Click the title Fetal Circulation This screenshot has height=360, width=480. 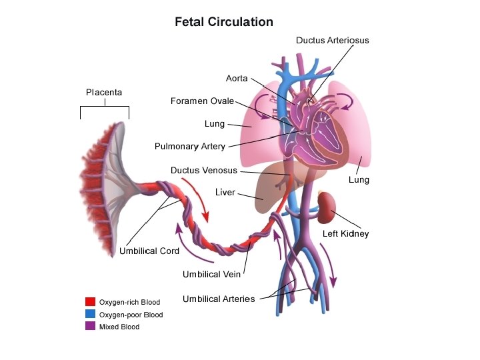[x=224, y=22]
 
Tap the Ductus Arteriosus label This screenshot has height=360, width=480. [x=332, y=40]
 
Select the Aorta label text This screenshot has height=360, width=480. [x=237, y=79]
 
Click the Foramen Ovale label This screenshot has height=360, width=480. [x=202, y=101]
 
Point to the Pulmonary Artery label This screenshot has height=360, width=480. [x=189, y=147]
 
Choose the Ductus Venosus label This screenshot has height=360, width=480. [x=203, y=171]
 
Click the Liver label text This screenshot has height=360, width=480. [x=225, y=193]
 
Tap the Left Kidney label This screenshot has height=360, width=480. [x=345, y=234]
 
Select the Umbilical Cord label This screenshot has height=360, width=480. [x=149, y=251]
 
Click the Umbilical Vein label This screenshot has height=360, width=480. [x=211, y=274]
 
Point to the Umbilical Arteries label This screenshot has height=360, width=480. [x=219, y=299]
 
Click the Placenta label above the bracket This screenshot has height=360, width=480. [x=104, y=92]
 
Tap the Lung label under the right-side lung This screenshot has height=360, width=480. [x=359, y=180]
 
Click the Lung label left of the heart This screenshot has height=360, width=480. [x=214, y=124]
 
